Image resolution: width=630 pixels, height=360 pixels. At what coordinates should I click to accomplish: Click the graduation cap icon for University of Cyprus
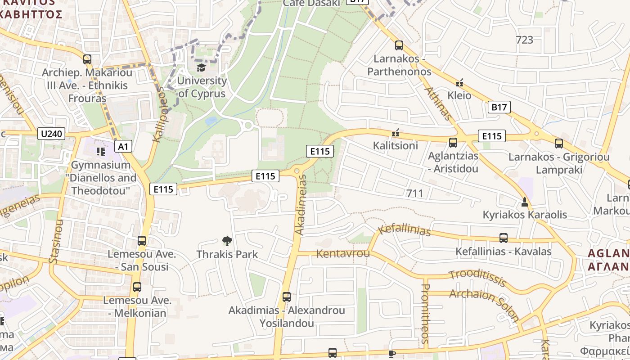coord(201,67)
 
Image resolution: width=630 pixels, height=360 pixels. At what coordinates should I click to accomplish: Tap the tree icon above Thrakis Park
coord(227,241)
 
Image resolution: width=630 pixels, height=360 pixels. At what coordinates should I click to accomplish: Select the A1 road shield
coord(123,146)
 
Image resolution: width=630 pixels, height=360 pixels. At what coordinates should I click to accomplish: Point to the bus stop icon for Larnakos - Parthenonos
coord(399,45)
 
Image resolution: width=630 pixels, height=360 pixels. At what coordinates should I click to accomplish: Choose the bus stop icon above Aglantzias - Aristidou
coord(453,143)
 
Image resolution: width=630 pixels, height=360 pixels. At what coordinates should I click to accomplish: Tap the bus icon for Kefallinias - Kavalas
coord(504,238)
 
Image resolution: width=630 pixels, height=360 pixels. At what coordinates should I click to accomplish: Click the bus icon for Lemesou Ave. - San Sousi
coord(142,241)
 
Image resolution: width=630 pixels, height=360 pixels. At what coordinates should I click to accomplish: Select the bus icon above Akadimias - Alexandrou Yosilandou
coord(287,297)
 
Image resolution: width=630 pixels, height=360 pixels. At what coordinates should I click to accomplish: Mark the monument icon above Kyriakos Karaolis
coord(524,202)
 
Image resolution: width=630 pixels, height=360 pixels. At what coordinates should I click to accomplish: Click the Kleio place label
coord(459,95)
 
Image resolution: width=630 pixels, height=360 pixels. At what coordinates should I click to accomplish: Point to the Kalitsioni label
coord(396,145)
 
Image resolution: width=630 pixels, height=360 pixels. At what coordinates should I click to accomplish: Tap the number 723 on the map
coord(524,40)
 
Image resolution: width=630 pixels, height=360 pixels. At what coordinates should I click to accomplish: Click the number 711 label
coord(414,193)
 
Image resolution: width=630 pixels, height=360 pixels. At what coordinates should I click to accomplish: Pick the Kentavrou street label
coord(343,254)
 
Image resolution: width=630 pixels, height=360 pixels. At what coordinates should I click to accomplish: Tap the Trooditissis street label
coord(478,278)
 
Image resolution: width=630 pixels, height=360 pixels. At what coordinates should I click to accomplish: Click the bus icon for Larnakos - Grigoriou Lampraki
coord(558,144)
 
